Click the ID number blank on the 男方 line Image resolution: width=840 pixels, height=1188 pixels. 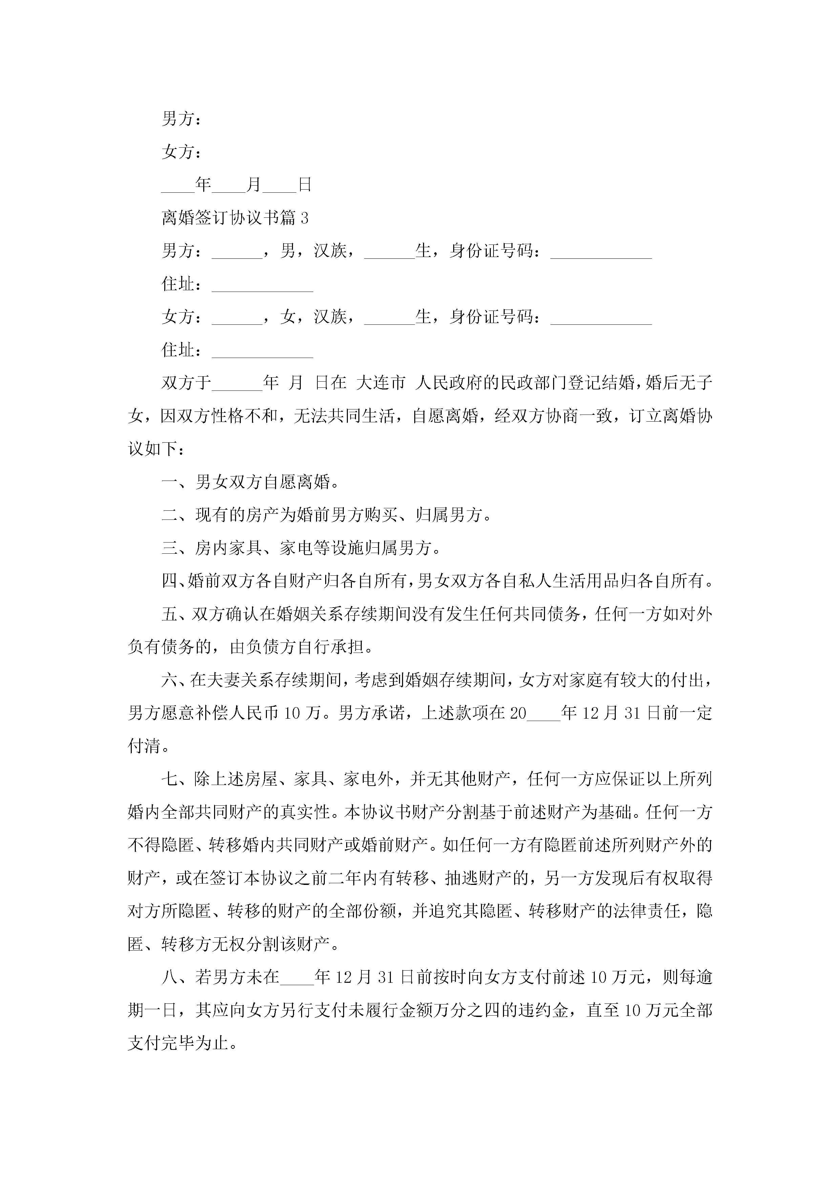point(601,253)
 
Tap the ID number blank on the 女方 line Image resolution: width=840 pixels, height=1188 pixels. point(601,319)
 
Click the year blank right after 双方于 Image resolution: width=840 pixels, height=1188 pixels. point(237,384)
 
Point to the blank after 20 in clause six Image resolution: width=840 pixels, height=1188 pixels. point(543,715)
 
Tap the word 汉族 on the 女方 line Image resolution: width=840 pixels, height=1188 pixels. point(330,317)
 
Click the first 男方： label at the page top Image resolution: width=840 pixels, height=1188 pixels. point(181,119)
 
